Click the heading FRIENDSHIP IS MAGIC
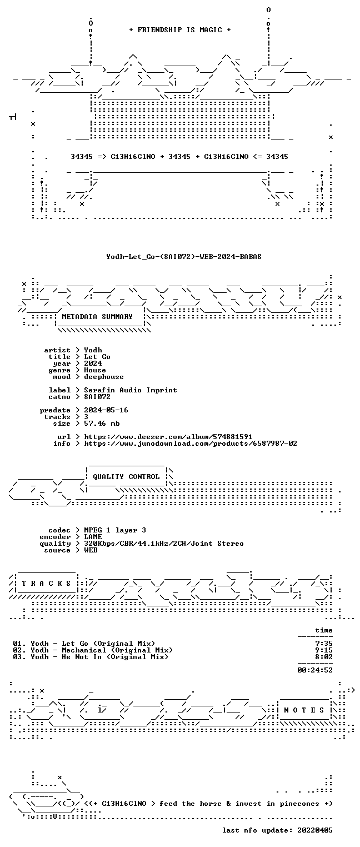[179, 30]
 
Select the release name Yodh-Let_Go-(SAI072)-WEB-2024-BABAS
[184, 257]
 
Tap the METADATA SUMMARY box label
[97, 316]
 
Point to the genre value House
[95, 370]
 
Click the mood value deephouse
[104, 377]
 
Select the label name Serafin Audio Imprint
[131, 390]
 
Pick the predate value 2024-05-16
[106, 410]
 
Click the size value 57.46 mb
[102, 423]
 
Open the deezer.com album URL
[168, 437]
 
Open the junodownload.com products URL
[191, 444]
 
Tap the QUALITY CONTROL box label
[126, 477]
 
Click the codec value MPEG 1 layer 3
[115, 531]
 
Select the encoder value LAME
[93, 537]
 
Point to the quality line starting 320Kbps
[164, 544]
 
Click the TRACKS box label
[46, 584]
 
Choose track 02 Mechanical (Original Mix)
[117, 650]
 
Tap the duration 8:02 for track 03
[324, 657]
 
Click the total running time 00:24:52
[315, 670]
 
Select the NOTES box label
[304, 710]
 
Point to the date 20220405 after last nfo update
[315, 830]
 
